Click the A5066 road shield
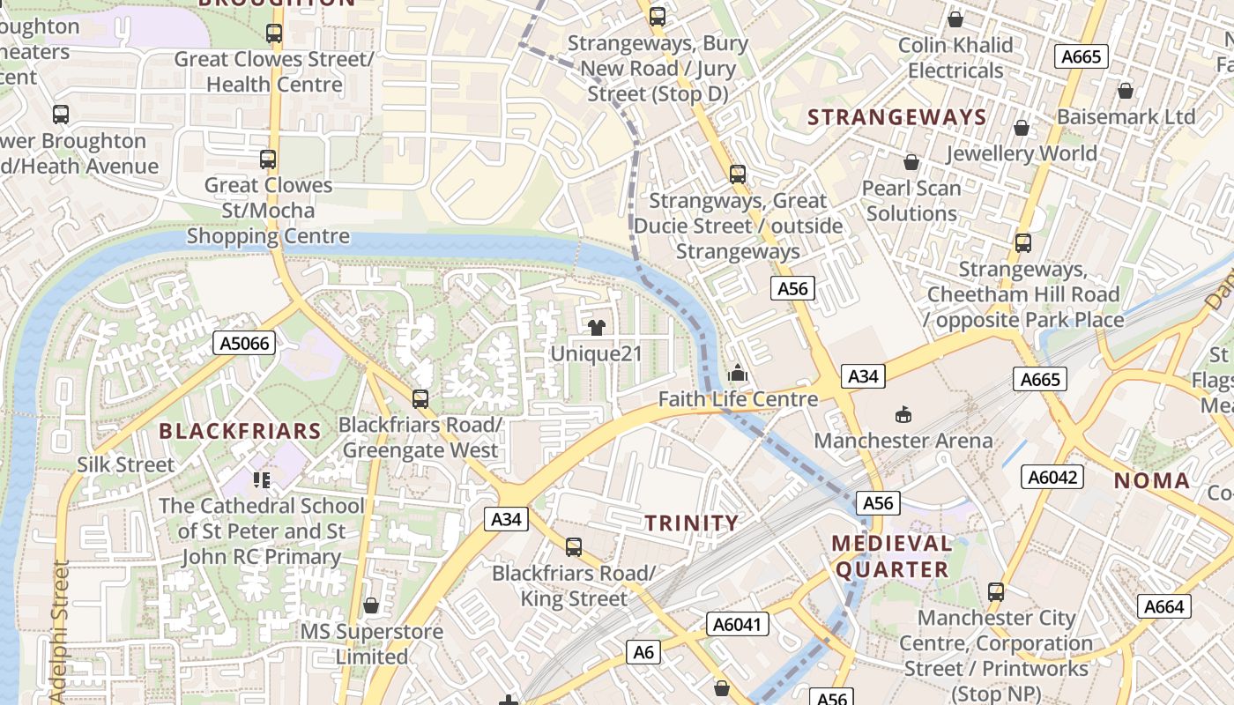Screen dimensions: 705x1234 click(244, 343)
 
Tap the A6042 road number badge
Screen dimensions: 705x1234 click(1052, 477)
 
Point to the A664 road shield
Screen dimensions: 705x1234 click(1163, 606)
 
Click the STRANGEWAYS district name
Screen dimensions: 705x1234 click(896, 117)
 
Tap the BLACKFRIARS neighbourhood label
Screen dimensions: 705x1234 click(240, 431)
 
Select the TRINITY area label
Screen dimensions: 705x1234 click(691, 523)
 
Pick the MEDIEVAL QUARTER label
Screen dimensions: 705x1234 click(892, 556)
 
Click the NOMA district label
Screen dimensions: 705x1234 click(1152, 481)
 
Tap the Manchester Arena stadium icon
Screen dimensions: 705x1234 click(903, 414)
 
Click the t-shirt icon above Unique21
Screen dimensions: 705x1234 click(596, 328)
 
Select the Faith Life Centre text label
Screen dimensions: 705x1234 click(738, 399)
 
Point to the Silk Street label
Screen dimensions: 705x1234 click(126, 464)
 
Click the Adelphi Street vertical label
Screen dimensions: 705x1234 click(60, 630)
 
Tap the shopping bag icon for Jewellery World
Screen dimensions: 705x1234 click(1022, 128)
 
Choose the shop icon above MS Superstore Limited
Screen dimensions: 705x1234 click(371, 605)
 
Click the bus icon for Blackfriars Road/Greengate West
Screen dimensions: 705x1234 click(420, 398)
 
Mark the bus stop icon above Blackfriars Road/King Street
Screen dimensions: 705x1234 click(574, 546)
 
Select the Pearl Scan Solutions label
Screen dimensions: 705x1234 click(911, 201)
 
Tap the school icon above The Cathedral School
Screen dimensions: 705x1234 click(261, 479)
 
